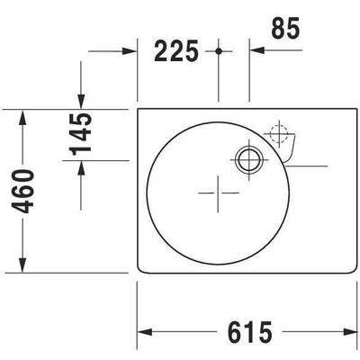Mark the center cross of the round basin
tap(218, 193)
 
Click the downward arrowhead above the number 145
tap(82, 101)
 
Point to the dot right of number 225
tap(219, 51)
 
